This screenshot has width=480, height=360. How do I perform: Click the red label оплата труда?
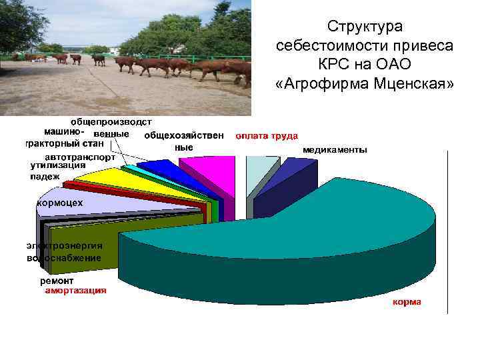(x=266, y=135)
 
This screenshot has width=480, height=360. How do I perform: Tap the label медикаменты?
(x=334, y=150)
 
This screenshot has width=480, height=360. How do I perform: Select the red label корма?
(x=406, y=302)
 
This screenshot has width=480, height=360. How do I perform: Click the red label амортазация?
(x=75, y=291)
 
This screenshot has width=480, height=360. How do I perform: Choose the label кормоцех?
(x=60, y=203)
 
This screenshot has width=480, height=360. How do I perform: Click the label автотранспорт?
(x=80, y=158)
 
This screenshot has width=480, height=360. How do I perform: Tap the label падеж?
(x=45, y=176)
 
